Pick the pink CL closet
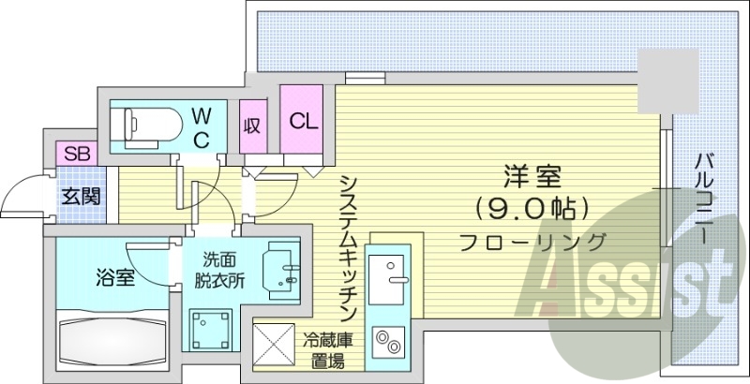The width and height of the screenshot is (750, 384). pyautogui.click(x=302, y=122)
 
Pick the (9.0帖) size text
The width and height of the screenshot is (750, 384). pyautogui.click(x=532, y=207)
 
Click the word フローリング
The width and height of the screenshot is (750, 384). pyautogui.click(x=532, y=241)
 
